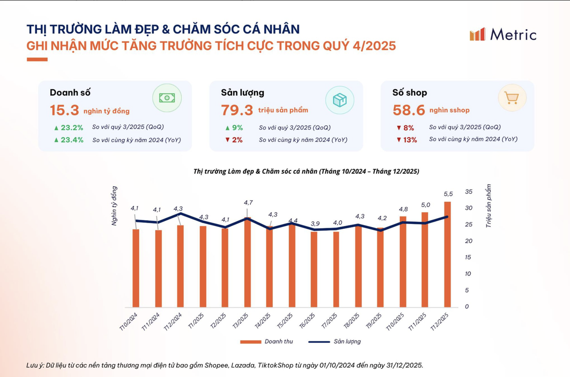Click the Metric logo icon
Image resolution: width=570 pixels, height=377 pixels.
(477, 34)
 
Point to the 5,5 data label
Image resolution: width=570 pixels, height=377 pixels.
(448, 194)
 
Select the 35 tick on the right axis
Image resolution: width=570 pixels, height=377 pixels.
(469, 192)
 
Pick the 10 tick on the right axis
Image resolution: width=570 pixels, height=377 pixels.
(469, 274)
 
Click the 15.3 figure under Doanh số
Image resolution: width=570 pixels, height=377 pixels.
(64, 110)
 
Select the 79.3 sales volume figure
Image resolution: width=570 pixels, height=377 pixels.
(237, 110)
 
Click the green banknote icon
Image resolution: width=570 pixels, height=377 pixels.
(167, 98)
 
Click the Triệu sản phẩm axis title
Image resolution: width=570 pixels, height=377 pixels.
(488, 206)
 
